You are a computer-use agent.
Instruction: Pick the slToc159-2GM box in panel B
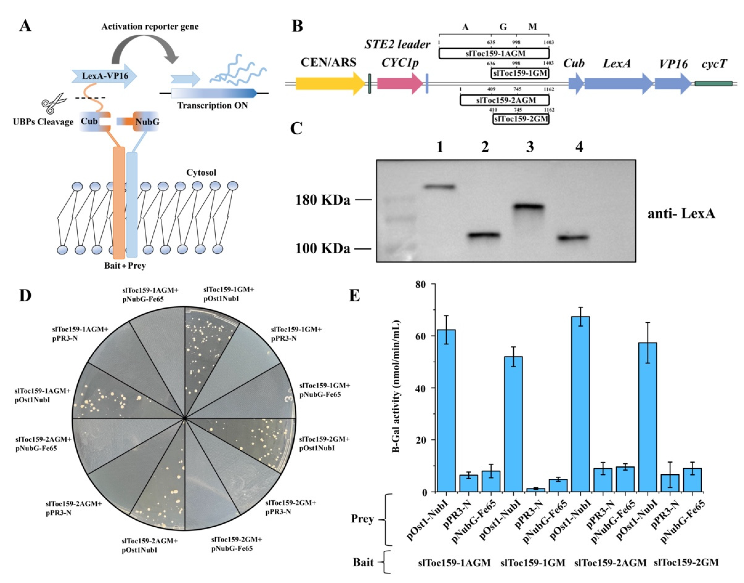pos(521,119)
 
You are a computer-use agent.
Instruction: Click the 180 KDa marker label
pos(322,200)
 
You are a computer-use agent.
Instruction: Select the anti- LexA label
pos(681,214)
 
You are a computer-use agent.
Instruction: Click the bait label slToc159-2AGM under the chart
pos(610,563)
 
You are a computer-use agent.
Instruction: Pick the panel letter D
pos(25,296)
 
